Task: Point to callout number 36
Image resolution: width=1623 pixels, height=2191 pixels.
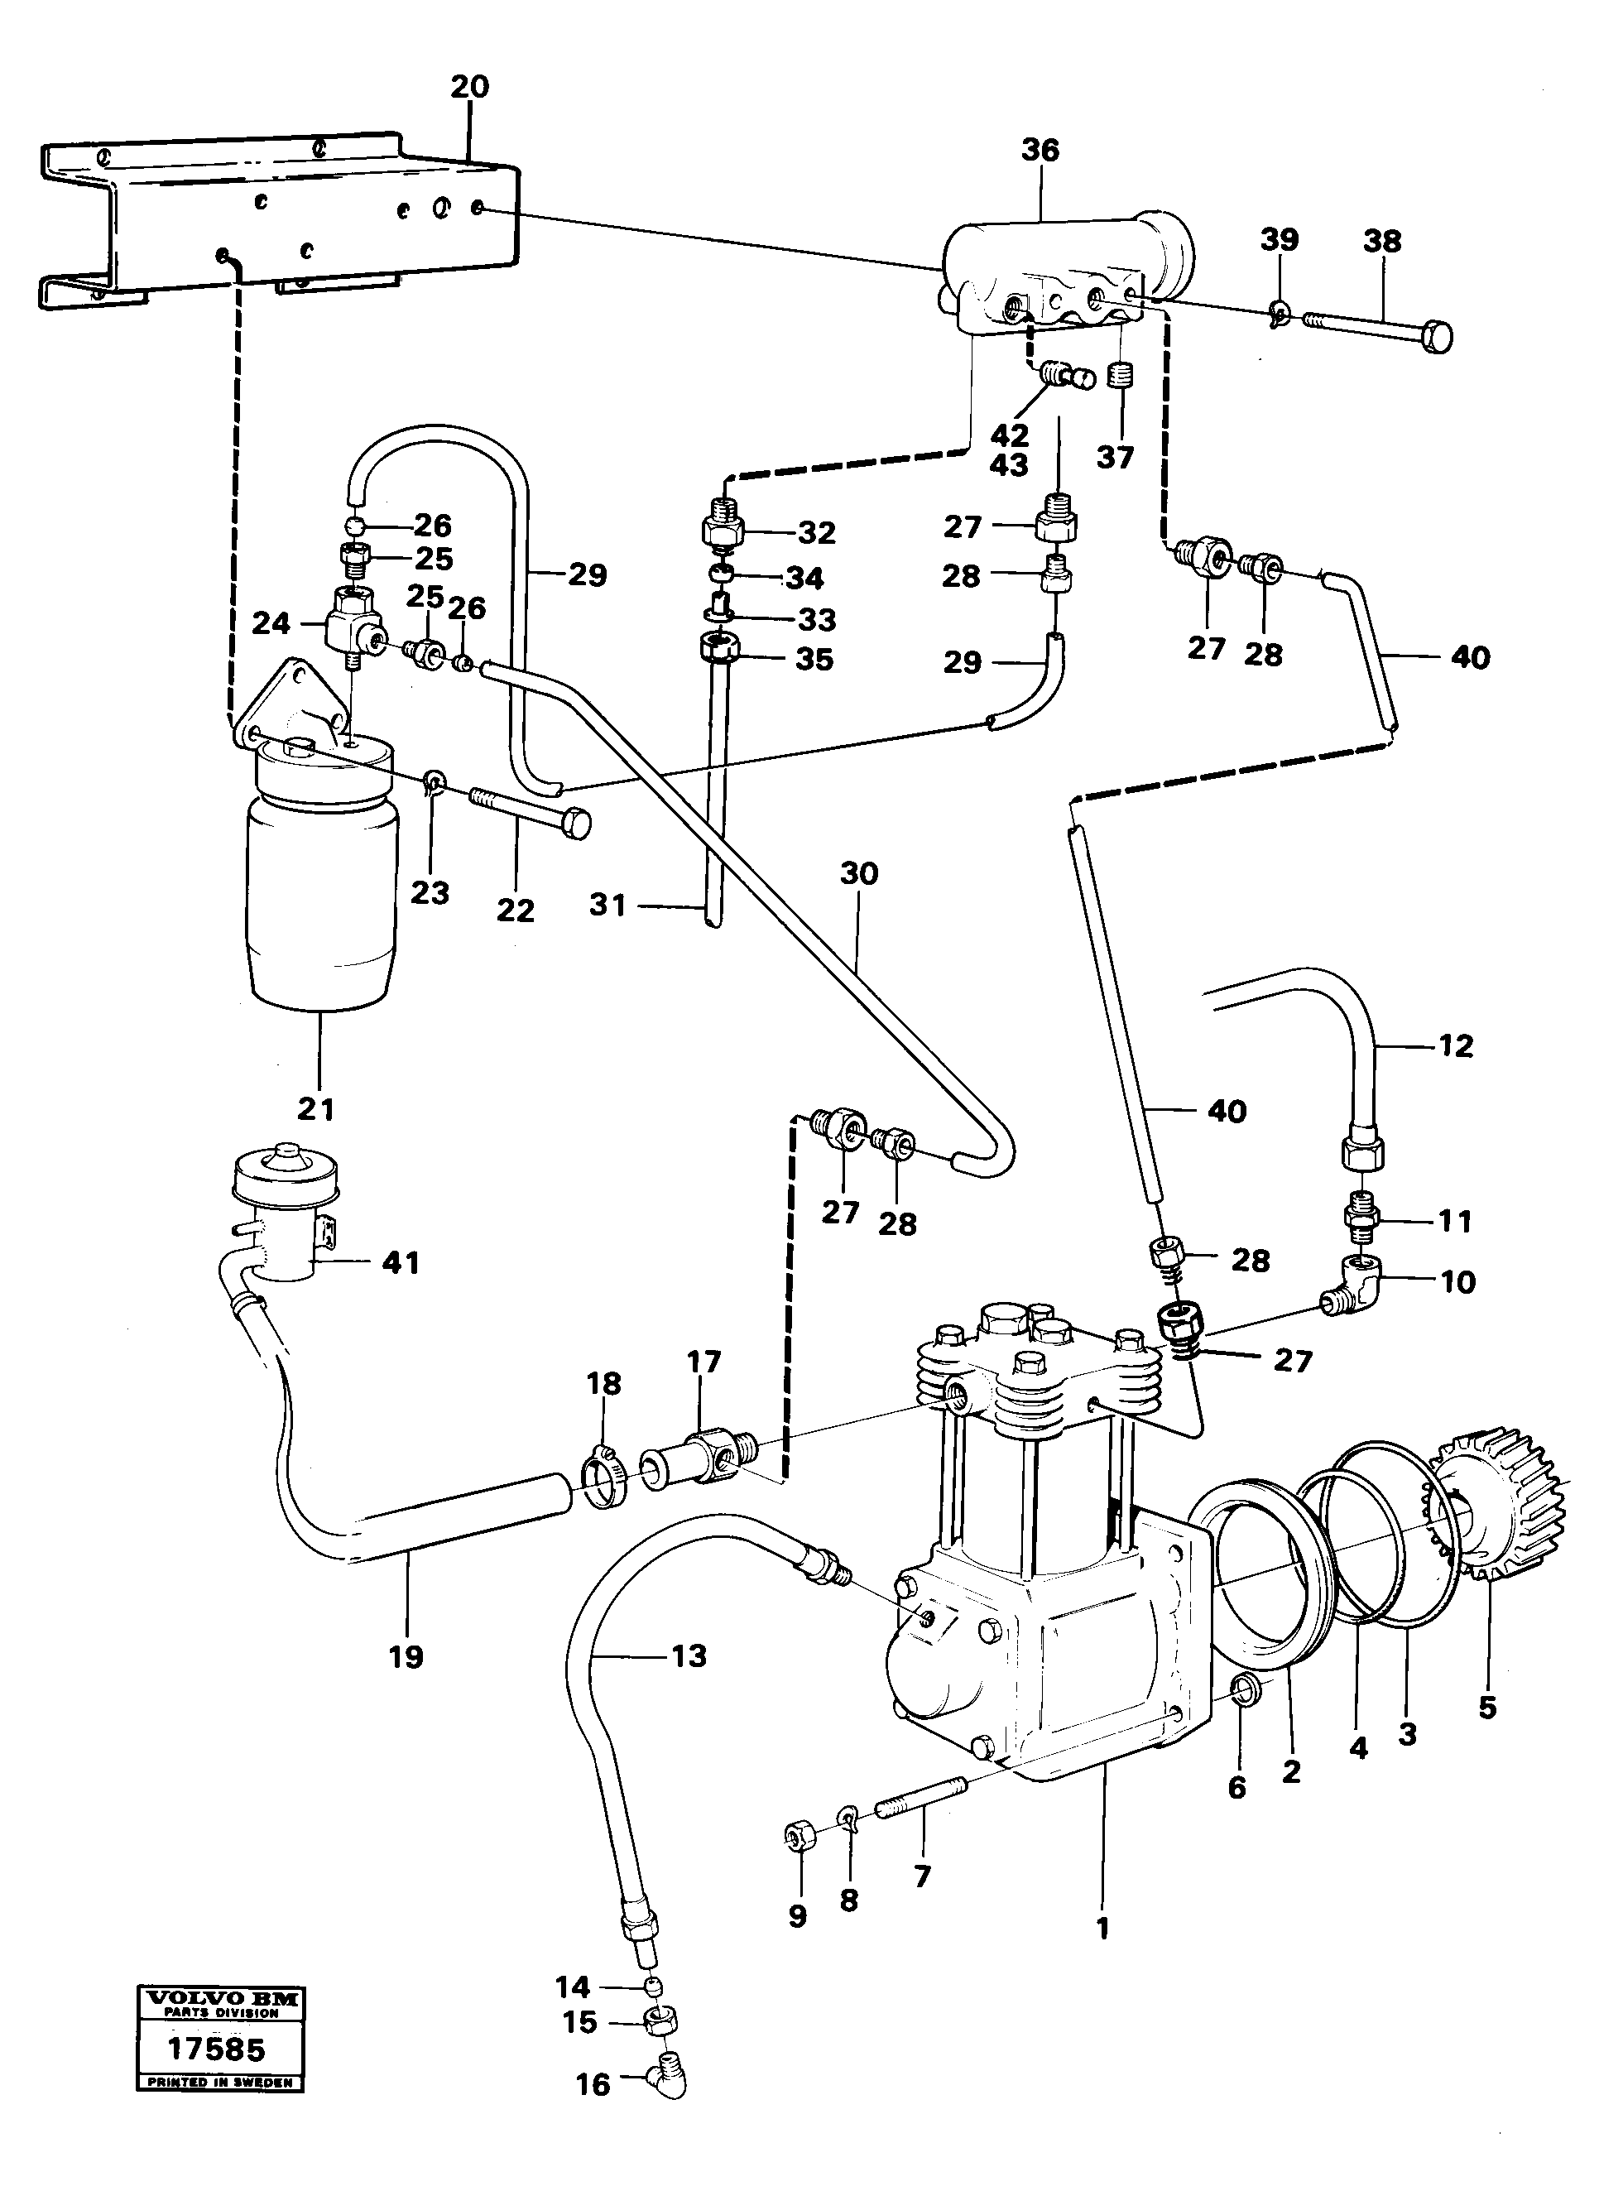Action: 1040,151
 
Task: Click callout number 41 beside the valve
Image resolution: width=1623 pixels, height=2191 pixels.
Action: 400,1262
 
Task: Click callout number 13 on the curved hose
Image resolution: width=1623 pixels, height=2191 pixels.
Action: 689,1655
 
